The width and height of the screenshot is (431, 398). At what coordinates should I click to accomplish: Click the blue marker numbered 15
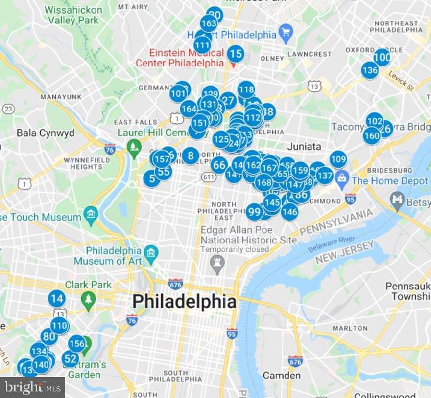pos(236,54)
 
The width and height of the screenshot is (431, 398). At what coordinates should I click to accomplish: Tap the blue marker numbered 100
pos(382,58)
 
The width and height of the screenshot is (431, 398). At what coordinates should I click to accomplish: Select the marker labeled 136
pos(370,70)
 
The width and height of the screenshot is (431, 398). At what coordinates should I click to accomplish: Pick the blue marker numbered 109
pos(338,159)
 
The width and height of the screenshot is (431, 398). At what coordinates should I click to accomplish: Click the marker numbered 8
pos(191,156)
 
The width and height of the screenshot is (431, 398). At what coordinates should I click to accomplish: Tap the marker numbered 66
pos(219,165)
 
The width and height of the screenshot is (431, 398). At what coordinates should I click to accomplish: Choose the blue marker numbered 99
pos(254,212)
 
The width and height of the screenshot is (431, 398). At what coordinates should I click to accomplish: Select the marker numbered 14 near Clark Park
pos(57,298)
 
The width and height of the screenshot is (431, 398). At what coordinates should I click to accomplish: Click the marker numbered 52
pos(70,359)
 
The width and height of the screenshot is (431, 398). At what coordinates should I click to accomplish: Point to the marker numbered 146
pos(289,212)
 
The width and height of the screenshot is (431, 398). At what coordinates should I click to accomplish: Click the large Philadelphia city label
pos(184,301)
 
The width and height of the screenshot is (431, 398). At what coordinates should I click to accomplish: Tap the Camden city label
pos(282,376)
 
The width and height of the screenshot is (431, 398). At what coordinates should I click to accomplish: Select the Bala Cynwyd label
pos(45,133)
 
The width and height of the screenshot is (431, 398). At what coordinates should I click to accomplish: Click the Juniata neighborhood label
pos(304,146)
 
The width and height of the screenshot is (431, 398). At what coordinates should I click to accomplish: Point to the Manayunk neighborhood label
pos(61,97)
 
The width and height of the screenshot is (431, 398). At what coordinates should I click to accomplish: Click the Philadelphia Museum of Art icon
pos(151,252)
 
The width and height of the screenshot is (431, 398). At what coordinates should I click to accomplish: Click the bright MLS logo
pos(32,387)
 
